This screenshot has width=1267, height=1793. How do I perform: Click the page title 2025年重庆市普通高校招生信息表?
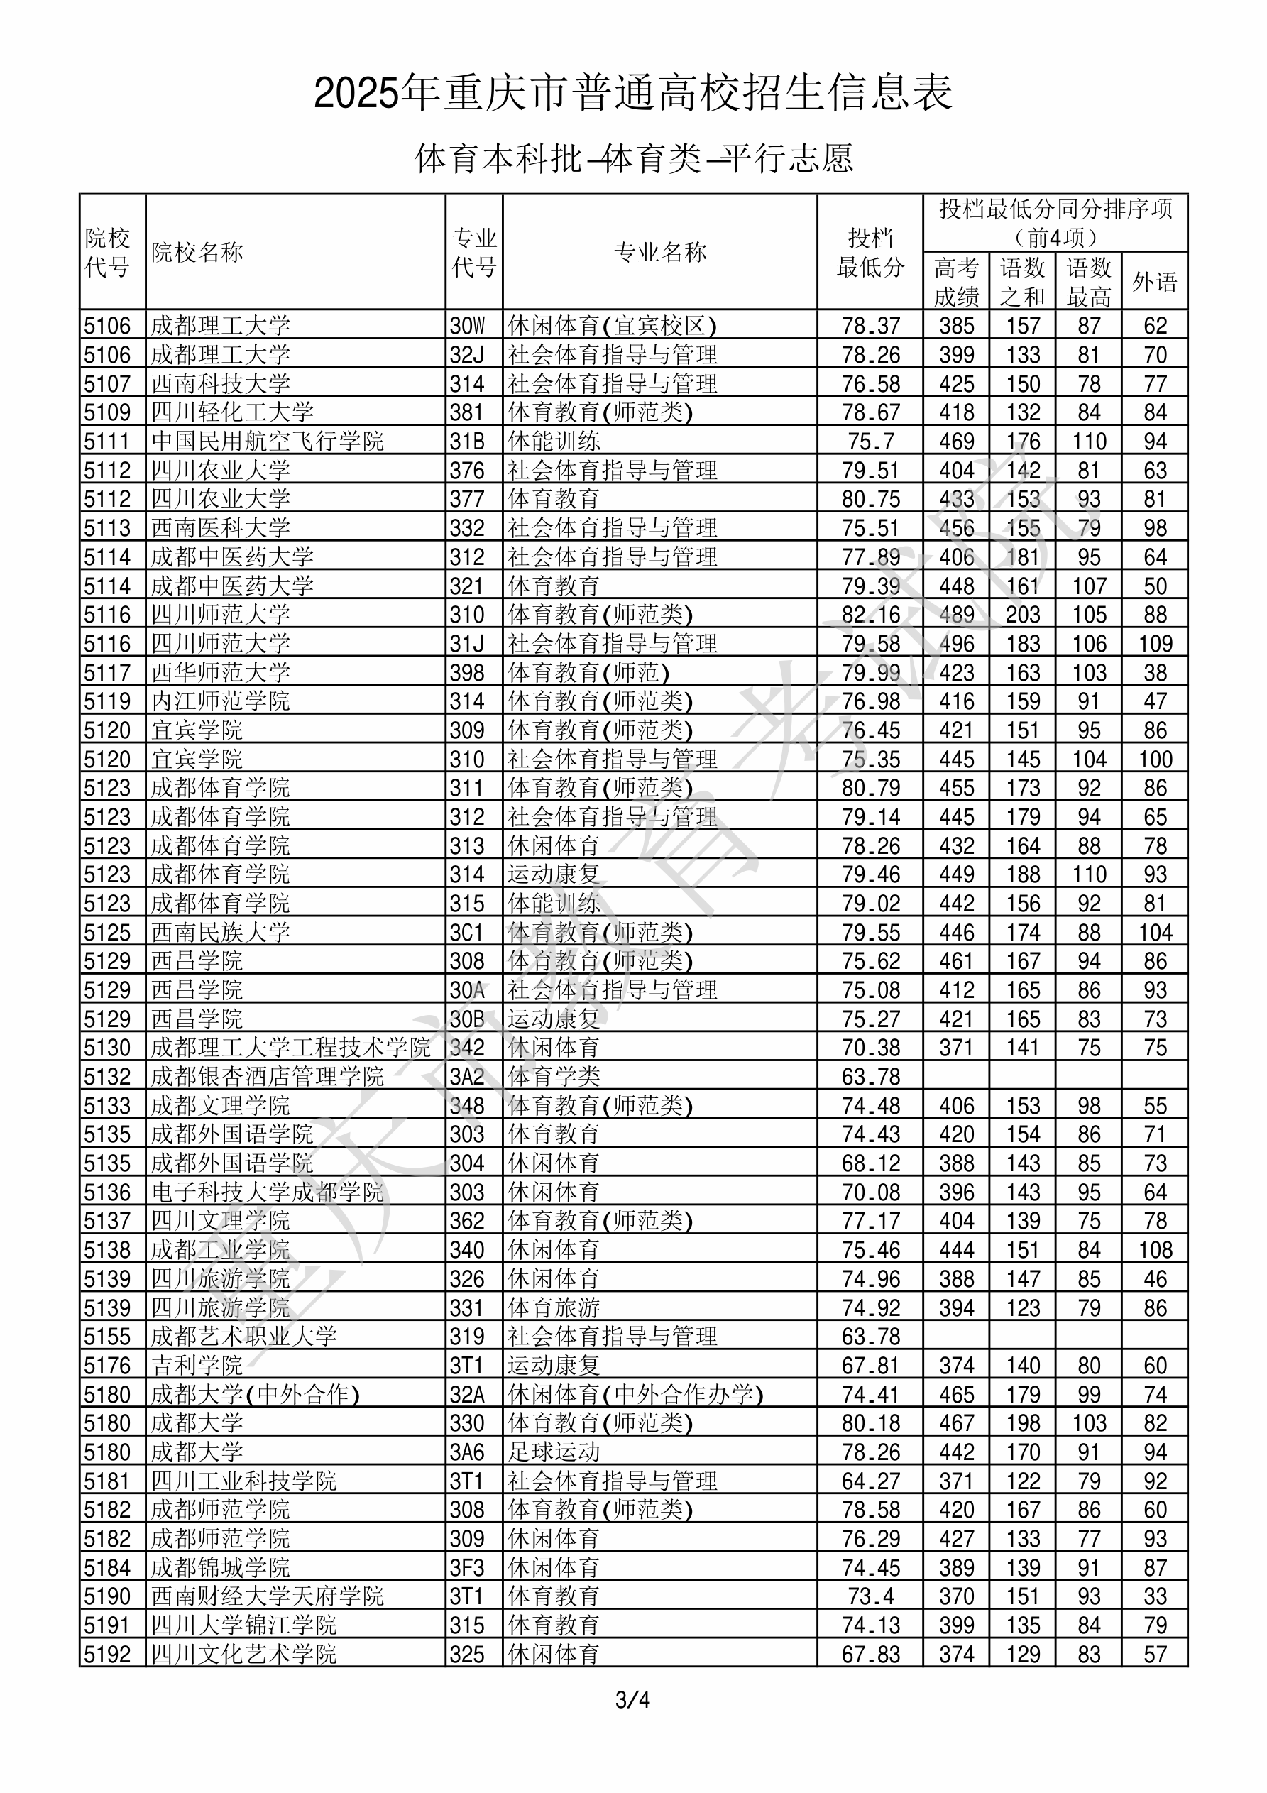pyautogui.click(x=632, y=94)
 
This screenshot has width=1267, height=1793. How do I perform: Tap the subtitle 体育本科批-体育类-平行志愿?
pyautogui.click(x=632, y=158)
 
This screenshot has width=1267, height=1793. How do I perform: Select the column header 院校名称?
pyautogui.click(x=197, y=252)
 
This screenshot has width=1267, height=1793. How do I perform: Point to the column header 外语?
pyautogui.click(x=1155, y=281)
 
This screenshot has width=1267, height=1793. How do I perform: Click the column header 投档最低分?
pyautogui.click(x=870, y=252)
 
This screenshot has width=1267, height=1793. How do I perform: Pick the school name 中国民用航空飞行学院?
pyautogui.click(x=267, y=442)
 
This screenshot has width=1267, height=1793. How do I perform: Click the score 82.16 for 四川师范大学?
pyautogui.click(x=870, y=615)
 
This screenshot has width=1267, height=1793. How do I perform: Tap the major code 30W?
pyautogui.click(x=467, y=326)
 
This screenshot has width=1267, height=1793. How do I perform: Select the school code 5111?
pyautogui.click(x=107, y=442)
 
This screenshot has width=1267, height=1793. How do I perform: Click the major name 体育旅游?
pyautogui.click(x=553, y=1308)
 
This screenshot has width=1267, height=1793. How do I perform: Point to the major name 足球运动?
pyautogui.click(x=553, y=1452)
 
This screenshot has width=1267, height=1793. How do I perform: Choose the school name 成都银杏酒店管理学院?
pyautogui.click(x=267, y=1077)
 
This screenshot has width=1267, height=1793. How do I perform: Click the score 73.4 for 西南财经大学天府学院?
pyautogui.click(x=870, y=1597)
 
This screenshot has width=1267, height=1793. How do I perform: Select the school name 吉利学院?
pyautogui.click(x=197, y=1366)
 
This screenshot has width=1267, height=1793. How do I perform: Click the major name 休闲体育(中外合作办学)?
pyautogui.click(x=635, y=1395)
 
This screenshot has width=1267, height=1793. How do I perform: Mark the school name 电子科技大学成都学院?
pyautogui.click(x=267, y=1192)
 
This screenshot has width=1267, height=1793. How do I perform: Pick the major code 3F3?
pyautogui.click(x=467, y=1568)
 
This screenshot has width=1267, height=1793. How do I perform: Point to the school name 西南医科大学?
pyautogui.click(x=220, y=528)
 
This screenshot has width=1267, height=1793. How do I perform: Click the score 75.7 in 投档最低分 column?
pyautogui.click(x=870, y=442)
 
